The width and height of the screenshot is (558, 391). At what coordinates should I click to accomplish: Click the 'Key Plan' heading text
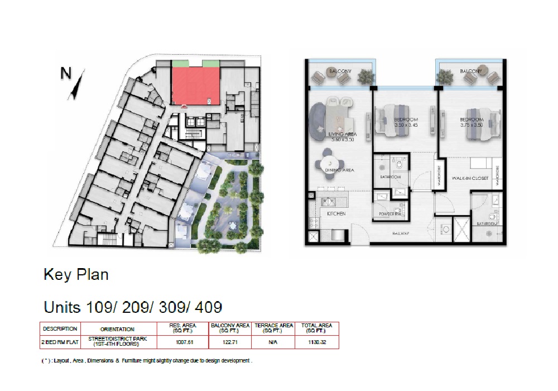pos(76,275)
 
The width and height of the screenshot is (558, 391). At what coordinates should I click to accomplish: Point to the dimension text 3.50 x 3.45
pos(406,125)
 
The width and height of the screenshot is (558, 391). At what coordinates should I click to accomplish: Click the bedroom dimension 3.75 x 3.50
pos(472,125)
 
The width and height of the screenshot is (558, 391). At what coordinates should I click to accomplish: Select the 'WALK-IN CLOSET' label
pos(470,178)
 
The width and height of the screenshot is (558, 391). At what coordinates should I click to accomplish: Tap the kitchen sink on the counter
pos(325,202)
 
